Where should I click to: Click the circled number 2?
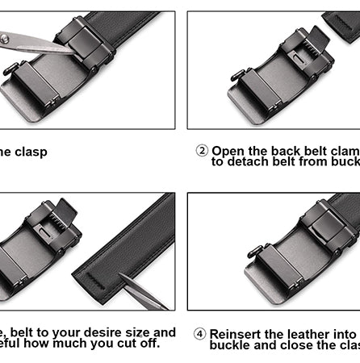pyautogui.click(x=202, y=151)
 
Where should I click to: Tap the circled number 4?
pyautogui.click(x=200, y=333)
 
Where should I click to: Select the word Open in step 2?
pyautogui.click(x=228, y=151)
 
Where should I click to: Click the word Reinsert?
pyautogui.click(x=239, y=333)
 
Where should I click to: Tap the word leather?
pyautogui.click(x=307, y=333)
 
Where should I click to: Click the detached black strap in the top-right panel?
pyautogui.click(x=342, y=22)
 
